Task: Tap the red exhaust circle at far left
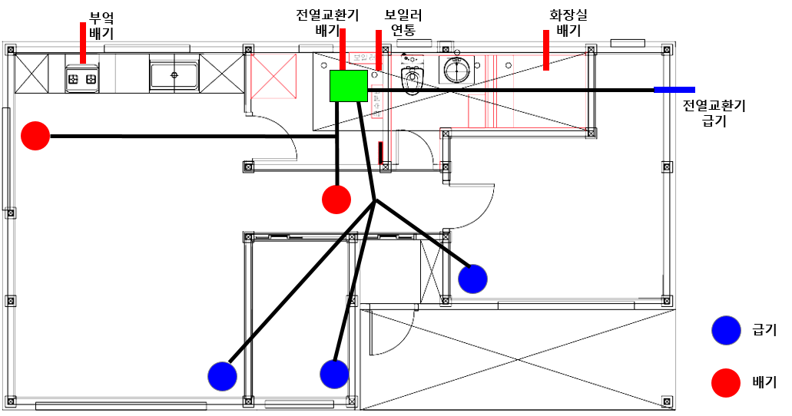point(35,137)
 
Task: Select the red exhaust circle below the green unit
point(336,199)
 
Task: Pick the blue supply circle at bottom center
point(334,374)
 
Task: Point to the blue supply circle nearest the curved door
point(472,279)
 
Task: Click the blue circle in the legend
point(725,330)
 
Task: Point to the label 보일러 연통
point(403,22)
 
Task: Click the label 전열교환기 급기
point(714,113)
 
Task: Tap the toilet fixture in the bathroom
point(413,78)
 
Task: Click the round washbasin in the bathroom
point(456,70)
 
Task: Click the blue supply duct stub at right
point(674,90)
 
